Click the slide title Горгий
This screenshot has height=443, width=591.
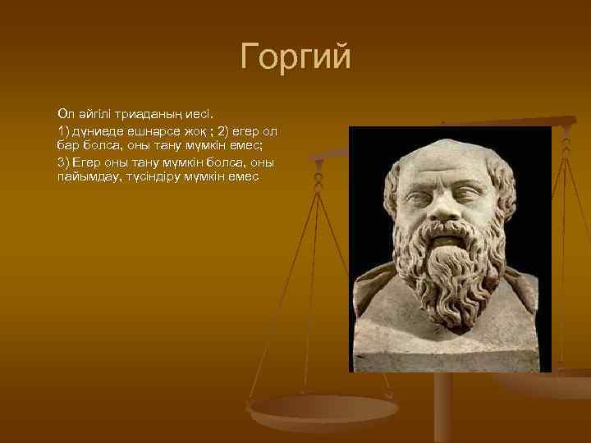(x=295, y=57)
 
